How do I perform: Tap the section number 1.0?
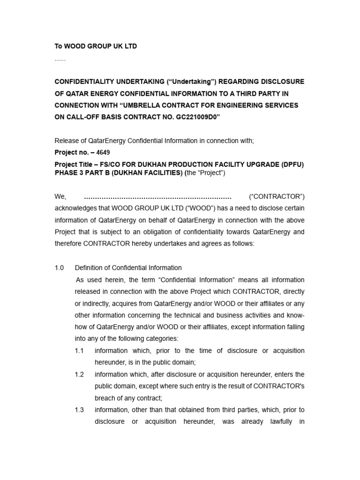click(x=59, y=268)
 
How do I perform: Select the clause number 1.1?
click(x=79, y=351)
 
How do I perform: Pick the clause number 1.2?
click(x=79, y=374)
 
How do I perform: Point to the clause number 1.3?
click(x=79, y=410)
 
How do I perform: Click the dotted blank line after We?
click(x=157, y=196)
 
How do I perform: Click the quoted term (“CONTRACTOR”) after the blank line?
click(x=277, y=196)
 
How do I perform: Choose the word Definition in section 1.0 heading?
click(x=90, y=268)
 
